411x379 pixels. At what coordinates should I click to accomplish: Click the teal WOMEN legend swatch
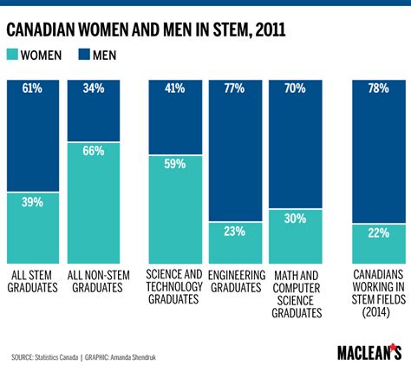pyautogui.click(x=17, y=56)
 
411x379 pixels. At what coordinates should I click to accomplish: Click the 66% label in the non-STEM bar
pyautogui.click(x=93, y=151)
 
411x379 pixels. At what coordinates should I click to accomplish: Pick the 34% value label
pyautogui.click(x=93, y=88)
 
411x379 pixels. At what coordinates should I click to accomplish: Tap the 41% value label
pyautogui.click(x=175, y=88)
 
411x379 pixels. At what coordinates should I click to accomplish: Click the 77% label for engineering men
pyautogui.click(x=234, y=88)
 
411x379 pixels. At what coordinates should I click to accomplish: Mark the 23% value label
pyautogui.click(x=234, y=232)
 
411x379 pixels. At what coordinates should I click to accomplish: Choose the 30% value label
pyautogui.click(x=294, y=219)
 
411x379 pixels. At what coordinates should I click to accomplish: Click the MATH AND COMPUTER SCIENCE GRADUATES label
pyautogui.click(x=294, y=294)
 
